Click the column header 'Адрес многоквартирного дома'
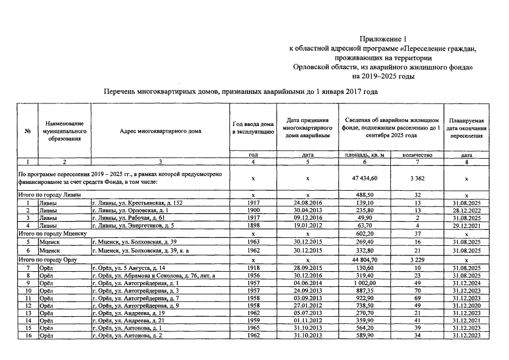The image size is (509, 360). pos(160,131)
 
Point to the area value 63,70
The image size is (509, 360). pos(365,224)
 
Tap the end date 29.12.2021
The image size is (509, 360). pos(466,224)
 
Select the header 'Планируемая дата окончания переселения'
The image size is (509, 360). pos(466,127)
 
